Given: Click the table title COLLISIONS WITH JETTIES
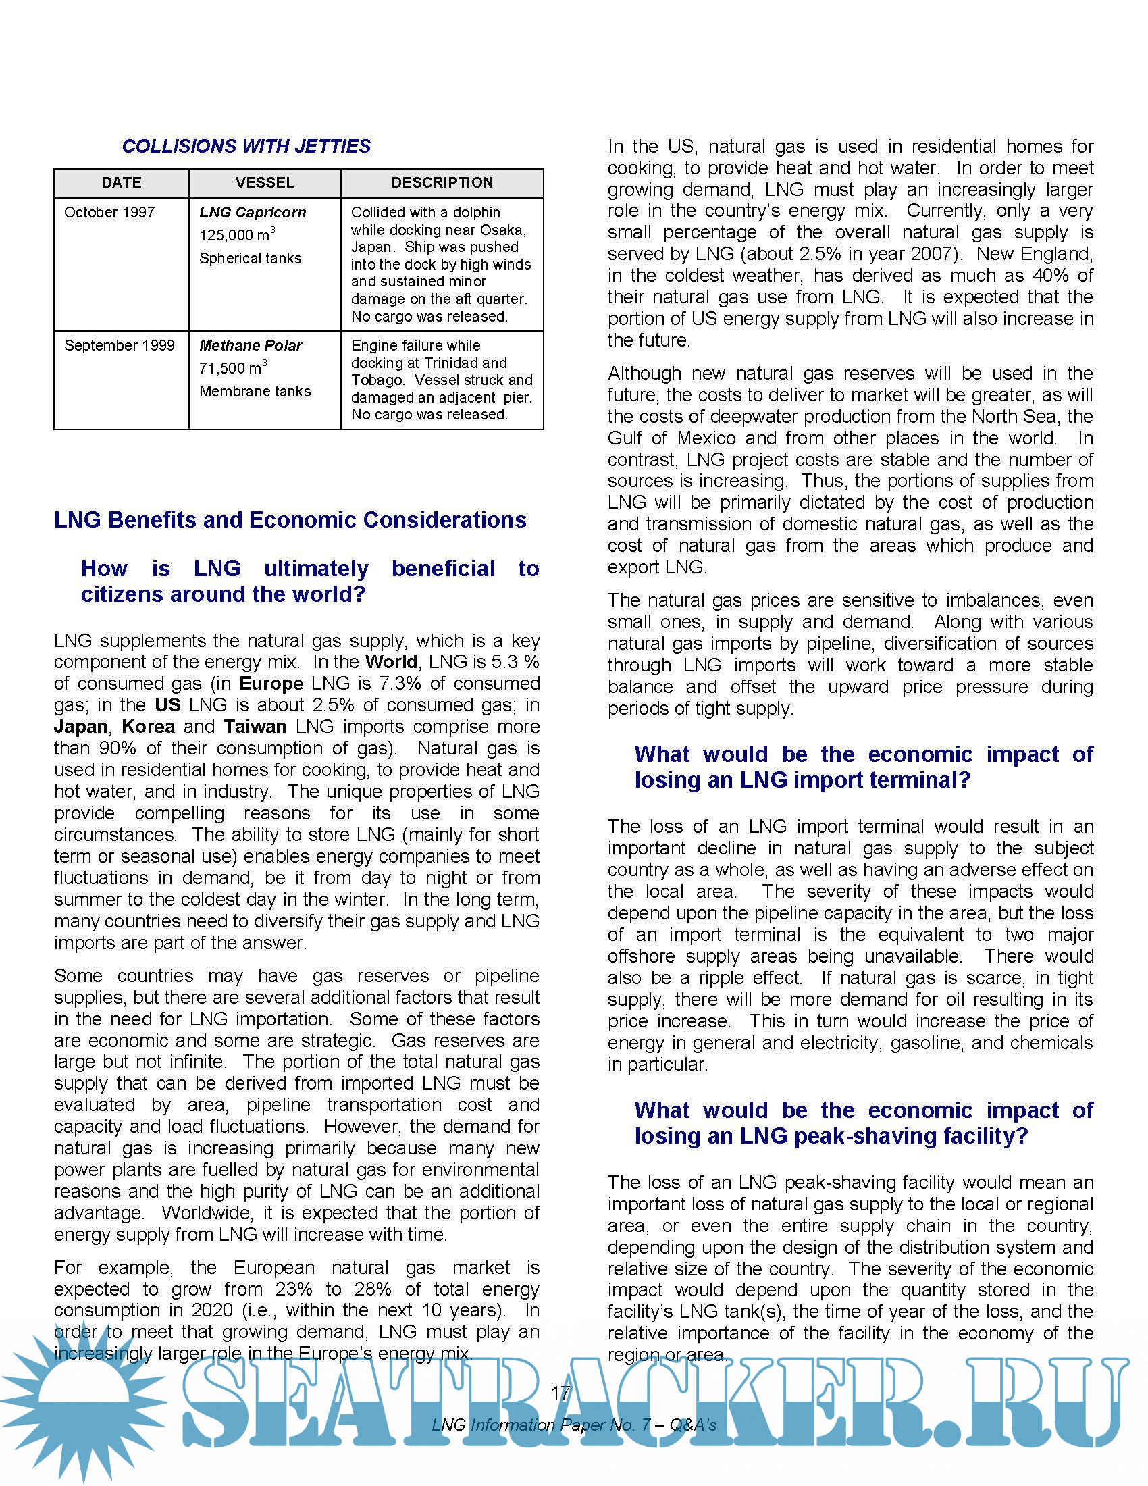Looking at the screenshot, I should tap(246, 147).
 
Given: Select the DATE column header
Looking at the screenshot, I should tap(122, 183).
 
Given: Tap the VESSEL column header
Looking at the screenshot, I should tap(265, 183).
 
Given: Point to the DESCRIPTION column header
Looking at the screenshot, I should tap(442, 183).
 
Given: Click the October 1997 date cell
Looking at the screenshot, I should tap(109, 213).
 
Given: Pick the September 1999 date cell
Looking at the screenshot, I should tap(120, 346).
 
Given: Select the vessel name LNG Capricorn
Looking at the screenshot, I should tap(253, 213).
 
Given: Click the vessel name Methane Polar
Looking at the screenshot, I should tap(251, 346).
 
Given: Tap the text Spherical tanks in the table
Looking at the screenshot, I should tap(251, 259).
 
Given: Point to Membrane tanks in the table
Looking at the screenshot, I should tap(255, 392).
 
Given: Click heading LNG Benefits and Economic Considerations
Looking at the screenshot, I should tap(290, 520).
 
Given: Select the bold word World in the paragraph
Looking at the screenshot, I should tap(391, 662).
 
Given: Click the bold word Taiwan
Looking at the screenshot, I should tap(255, 727).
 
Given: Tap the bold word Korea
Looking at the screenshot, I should tap(149, 727).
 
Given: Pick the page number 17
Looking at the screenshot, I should tap(560, 1393).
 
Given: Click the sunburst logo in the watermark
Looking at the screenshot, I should tap(82, 1402).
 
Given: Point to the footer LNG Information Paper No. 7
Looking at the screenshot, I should tap(574, 1425).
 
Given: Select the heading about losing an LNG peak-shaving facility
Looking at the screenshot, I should tap(864, 1123).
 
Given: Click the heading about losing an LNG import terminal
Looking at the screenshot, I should tap(864, 767).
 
